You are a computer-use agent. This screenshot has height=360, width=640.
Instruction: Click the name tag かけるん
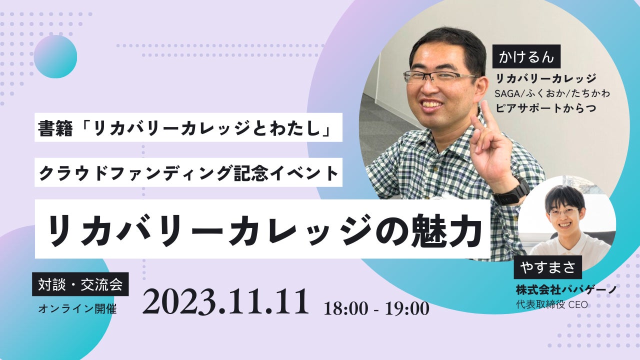pos(526,56)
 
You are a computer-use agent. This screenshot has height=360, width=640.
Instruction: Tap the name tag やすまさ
pos(547,267)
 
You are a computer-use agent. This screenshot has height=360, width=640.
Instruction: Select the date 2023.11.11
pos(225,301)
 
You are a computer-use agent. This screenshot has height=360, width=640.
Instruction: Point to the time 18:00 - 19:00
pos(376,308)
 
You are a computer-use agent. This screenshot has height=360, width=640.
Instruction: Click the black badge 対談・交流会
pos(80,284)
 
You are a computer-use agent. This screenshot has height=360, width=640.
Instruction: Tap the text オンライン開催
pos(77,309)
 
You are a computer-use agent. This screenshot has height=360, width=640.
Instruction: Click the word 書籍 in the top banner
pos(55,128)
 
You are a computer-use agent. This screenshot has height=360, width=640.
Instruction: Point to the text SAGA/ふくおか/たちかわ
pos(552,93)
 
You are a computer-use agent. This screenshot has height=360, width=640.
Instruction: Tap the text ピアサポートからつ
pos(545,108)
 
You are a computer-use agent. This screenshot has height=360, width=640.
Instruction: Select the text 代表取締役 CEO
pos(551,304)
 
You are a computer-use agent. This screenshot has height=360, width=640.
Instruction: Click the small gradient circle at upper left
pos(55,56)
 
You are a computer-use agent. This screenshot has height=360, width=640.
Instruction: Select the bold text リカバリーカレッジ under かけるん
pos(545,78)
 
